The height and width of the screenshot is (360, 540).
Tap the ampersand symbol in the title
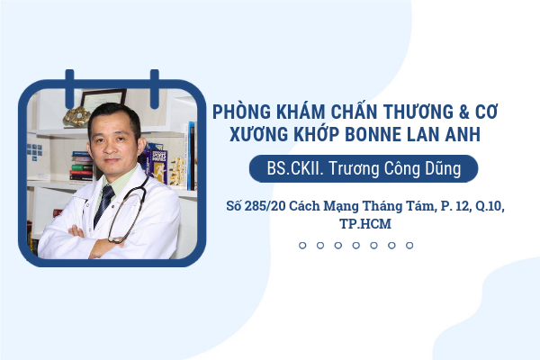(463, 112)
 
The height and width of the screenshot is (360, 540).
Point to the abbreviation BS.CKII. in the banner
(295, 168)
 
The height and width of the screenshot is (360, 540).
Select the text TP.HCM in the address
(365, 224)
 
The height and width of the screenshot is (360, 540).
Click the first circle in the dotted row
(302, 246)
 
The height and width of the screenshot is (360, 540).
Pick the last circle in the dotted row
(409, 246)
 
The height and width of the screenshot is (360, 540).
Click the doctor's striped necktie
(104, 204)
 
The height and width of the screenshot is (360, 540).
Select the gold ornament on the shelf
(76, 116)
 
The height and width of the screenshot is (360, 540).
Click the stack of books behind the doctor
(81, 166)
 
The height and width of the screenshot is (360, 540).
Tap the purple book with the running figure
(158, 166)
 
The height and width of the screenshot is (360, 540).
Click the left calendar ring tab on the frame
(69, 88)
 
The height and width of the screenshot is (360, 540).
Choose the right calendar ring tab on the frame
(155, 88)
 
